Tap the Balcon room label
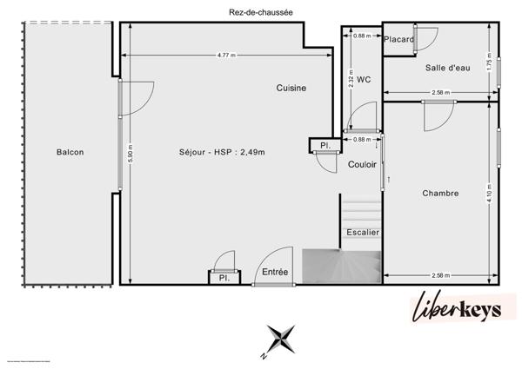tap(70, 152)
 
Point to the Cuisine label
tap(291, 88)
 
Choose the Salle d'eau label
tap(447, 68)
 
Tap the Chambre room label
tap(440, 193)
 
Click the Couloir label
tap(362, 164)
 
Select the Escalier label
tap(362, 232)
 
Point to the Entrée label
tap(275, 273)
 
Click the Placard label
tap(399, 39)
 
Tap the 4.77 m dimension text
tap(228, 56)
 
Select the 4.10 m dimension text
tap(490, 193)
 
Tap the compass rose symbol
tap(279, 339)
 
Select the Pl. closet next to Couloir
tap(324, 144)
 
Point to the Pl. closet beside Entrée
tap(223, 278)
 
